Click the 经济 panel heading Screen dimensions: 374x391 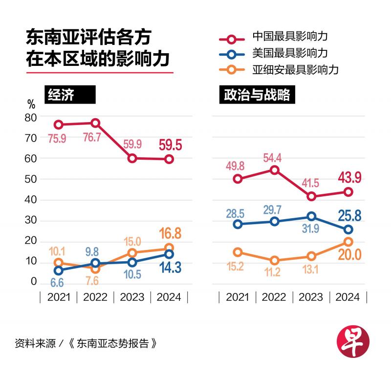coord(61,95)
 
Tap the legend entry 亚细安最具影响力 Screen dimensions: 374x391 coord(295,69)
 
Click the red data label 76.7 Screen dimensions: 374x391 coord(92,138)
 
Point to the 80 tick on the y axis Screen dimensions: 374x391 coord(31,117)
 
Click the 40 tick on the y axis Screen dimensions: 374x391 coord(31,200)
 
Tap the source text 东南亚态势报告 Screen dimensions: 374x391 coord(113,343)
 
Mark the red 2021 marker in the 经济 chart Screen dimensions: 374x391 coord(59,125)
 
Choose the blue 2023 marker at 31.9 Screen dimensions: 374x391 coord(311,216)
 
